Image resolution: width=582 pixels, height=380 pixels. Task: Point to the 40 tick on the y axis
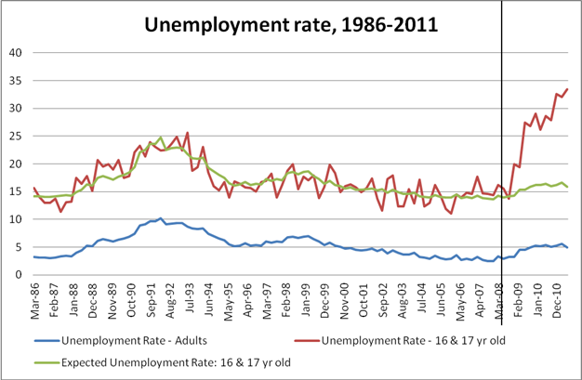tap(15, 52)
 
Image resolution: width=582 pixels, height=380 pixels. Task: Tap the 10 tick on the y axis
tap(15, 219)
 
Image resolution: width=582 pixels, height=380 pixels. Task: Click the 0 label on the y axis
tap(19, 275)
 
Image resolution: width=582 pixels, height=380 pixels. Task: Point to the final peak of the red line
tap(567, 89)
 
